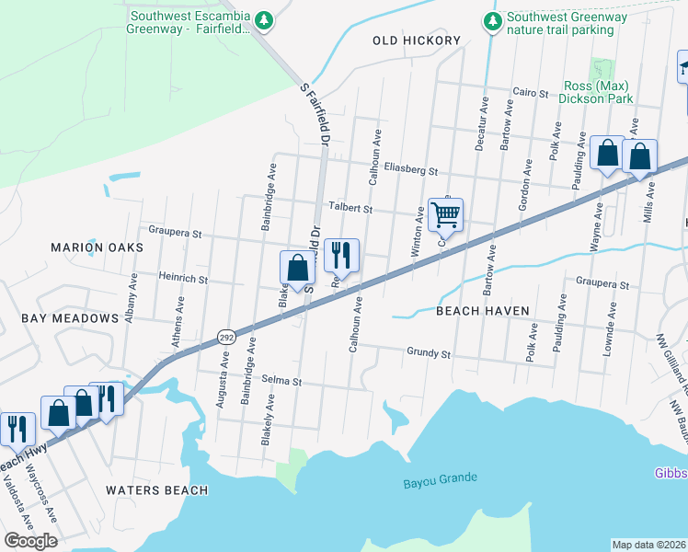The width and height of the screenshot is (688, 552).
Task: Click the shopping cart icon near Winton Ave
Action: coord(445,215)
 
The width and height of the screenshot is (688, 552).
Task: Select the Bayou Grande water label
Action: coord(441,478)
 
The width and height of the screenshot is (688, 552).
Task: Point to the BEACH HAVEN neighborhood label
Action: coord(482,311)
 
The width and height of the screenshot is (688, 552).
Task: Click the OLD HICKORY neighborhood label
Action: coord(417,40)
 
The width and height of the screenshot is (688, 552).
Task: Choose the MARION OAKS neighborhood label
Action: coord(97,247)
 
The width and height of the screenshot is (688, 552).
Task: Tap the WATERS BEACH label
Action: coord(156,490)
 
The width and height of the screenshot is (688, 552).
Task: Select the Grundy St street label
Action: coord(429,352)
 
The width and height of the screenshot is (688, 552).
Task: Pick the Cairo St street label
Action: coord(530,94)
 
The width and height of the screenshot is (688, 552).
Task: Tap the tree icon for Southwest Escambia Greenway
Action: coord(265,19)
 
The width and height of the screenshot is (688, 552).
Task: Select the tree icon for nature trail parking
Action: coord(493,19)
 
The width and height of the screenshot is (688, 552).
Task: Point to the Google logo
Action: coord(30,541)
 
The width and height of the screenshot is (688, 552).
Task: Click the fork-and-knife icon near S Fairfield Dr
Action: coord(341,255)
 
